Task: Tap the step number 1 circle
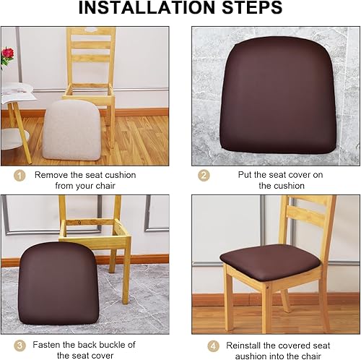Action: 19,175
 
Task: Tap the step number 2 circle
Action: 204,175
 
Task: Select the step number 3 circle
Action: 19,346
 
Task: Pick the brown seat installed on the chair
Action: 271,257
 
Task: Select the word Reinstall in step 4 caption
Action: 246,346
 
